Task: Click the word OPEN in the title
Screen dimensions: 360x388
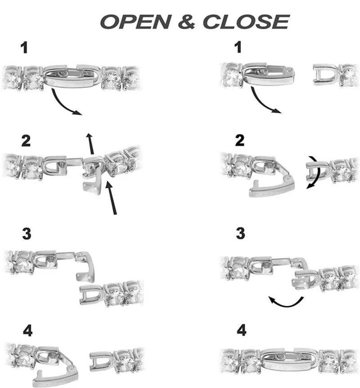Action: (136, 22)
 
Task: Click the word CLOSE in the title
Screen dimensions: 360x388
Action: (246, 22)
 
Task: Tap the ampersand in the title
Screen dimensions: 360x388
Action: (187, 22)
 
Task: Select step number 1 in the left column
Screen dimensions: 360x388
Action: (24, 48)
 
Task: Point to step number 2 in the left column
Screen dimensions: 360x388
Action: (26, 140)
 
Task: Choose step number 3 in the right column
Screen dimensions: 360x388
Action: (240, 233)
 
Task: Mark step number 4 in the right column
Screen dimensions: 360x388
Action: (241, 330)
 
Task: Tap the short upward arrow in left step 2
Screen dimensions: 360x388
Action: (91, 144)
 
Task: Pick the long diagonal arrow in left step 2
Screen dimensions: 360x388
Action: (111, 198)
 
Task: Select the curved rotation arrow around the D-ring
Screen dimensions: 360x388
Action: (315, 173)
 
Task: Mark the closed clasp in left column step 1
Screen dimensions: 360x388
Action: (72, 76)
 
